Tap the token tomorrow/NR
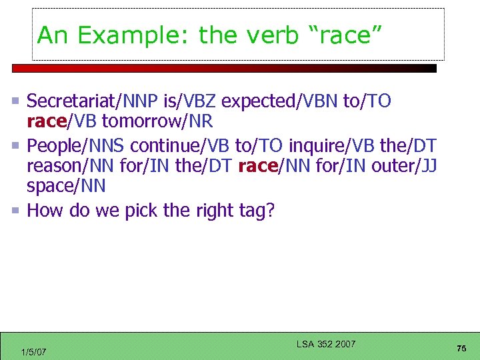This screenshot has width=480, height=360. [157, 122]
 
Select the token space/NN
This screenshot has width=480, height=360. [66, 185]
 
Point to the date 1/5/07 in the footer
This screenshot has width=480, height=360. [33, 351]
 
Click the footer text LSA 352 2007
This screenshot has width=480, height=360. [326, 344]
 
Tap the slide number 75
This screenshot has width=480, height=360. [461, 349]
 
